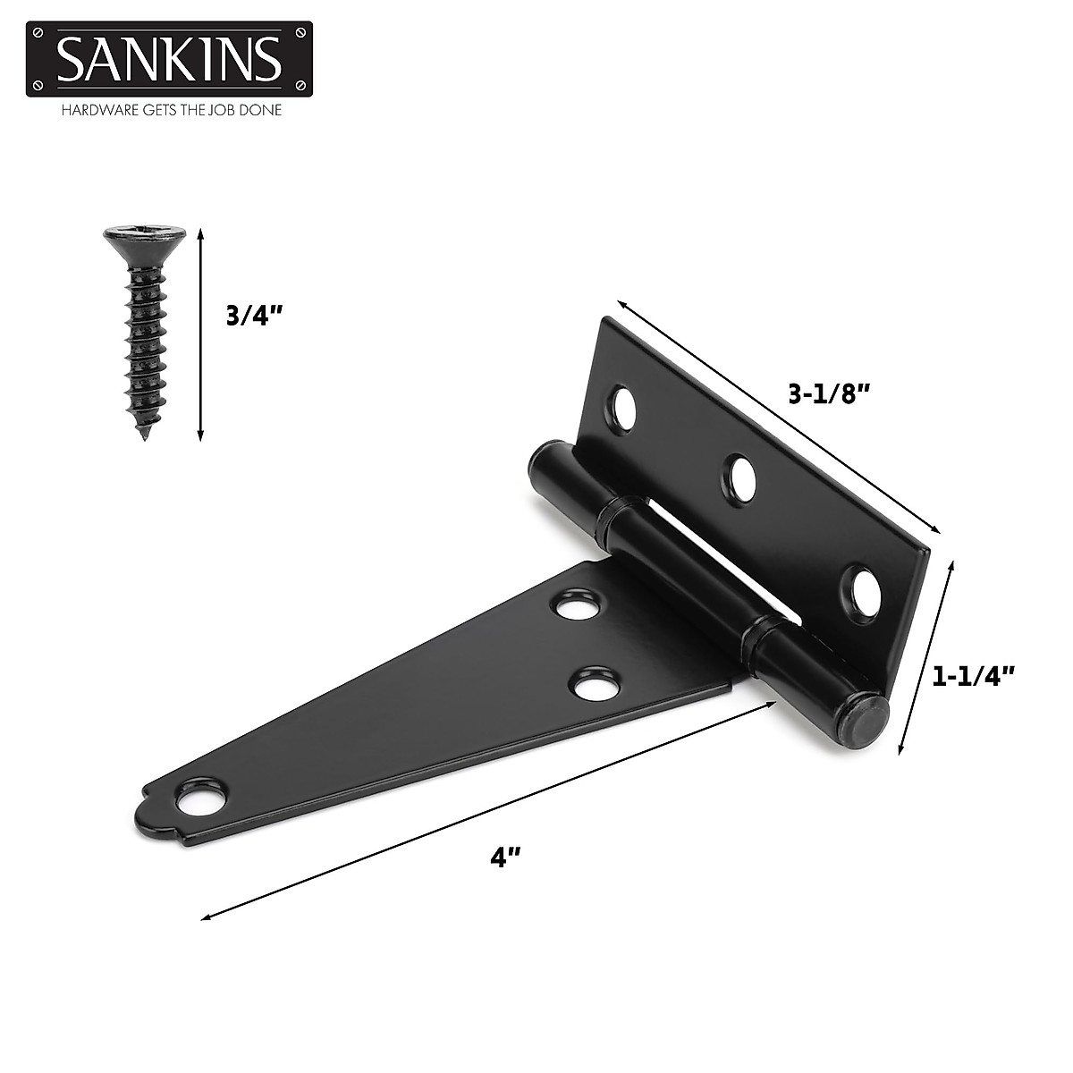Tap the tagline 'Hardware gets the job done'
[x=171, y=111]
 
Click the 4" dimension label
[x=505, y=858]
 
